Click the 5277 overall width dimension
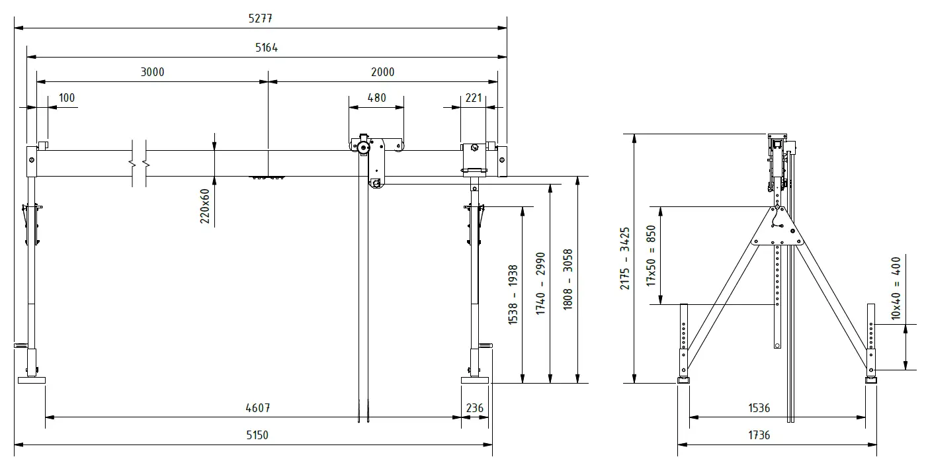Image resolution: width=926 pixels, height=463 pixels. tap(260, 19)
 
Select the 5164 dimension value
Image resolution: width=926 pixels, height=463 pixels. tap(266, 48)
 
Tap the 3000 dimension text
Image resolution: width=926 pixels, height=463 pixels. tap(152, 72)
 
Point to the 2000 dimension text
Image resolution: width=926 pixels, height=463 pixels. tap(382, 72)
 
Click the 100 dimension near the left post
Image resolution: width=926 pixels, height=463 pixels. tap(67, 98)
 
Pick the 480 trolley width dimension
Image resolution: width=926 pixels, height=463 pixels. tap(376, 98)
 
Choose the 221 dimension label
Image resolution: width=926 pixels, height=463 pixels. tap(474, 98)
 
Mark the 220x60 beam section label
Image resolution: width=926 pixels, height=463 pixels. tap(205, 206)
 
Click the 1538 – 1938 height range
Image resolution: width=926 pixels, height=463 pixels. tap(513, 295)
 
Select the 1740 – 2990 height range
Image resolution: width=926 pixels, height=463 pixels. tap(540, 284)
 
